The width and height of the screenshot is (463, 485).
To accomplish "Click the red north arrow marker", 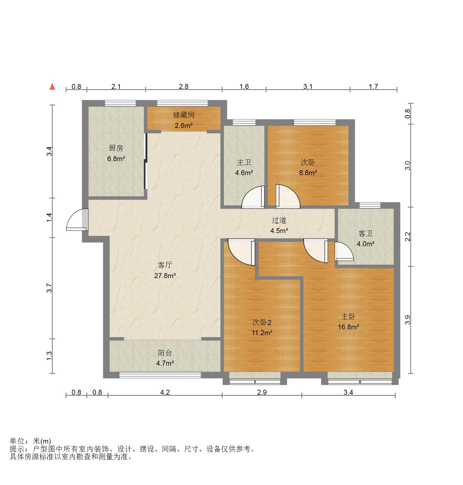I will pyautogui.click(x=52, y=87).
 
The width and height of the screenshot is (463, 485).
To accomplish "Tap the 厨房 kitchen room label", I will pyautogui.click(x=116, y=148).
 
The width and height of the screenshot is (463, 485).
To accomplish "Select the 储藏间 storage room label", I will pyautogui.click(x=184, y=115).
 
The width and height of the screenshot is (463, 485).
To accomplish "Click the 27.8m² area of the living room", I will pyautogui.click(x=165, y=275).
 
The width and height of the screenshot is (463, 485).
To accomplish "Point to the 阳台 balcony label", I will pyautogui.click(x=165, y=353).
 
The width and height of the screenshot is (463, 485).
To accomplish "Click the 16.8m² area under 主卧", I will pyautogui.click(x=348, y=327).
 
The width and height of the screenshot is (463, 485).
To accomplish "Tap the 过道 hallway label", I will pyautogui.click(x=279, y=220).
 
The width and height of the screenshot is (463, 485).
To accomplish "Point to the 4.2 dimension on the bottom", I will pyautogui.click(x=165, y=392).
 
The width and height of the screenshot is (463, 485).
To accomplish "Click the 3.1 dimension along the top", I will pyautogui.click(x=308, y=87).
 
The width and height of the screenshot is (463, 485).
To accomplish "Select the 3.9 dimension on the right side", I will pyautogui.click(x=408, y=319).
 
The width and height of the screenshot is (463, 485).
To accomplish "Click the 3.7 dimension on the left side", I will pyautogui.click(x=49, y=288).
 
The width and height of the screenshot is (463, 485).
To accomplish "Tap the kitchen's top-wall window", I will pyautogui.click(x=120, y=103).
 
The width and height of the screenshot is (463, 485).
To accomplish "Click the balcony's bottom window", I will pyautogui.click(x=160, y=375).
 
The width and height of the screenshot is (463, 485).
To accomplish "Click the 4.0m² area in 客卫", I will pyautogui.click(x=365, y=244).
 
